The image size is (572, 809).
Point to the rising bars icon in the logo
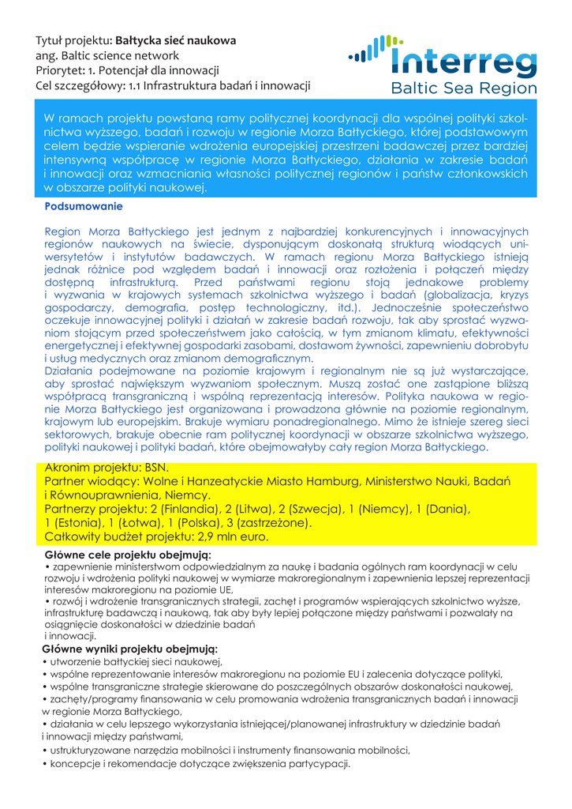(370, 49)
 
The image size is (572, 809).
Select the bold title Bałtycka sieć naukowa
(175, 40)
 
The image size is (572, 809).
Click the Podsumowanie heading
(84, 206)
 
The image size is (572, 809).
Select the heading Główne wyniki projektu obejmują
(129, 649)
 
